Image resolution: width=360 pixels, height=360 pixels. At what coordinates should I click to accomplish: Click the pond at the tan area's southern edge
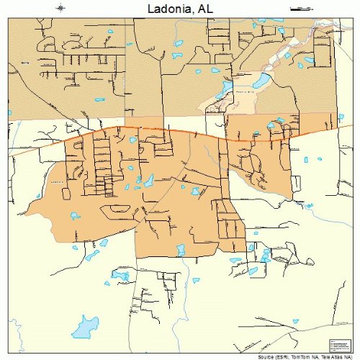(x=181, y=250)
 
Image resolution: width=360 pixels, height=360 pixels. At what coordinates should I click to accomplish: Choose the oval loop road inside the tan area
(x=115, y=211)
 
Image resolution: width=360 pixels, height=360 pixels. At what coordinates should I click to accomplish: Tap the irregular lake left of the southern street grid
(x=120, y=275)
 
